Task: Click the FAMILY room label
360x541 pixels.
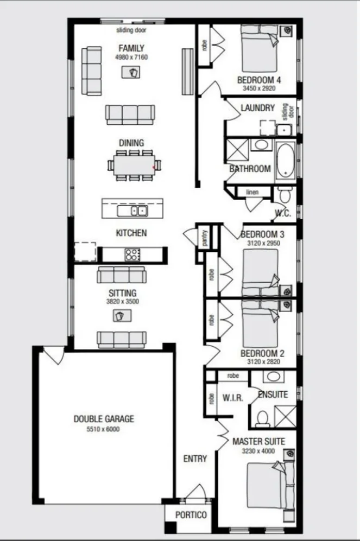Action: pos(131,48)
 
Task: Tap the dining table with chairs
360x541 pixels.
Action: pos(134,164)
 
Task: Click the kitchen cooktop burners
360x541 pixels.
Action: pos(132,254)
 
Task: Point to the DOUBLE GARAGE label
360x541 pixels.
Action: pos(104,419)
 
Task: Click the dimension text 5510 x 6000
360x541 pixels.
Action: pos(104,429)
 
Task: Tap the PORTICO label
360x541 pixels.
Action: pos(191,514)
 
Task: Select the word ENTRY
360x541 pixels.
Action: pos(195,459)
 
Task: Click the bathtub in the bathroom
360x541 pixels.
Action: pos(286,160)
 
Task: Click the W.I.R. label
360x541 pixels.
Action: pos(232,398)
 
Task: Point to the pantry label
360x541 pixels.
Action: pos(205,238)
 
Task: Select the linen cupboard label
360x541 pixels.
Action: pos(251,192)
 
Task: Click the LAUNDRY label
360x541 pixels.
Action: pos(258,108)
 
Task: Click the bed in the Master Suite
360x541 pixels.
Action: pos(266,485)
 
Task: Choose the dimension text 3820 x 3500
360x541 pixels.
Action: pos(123,301)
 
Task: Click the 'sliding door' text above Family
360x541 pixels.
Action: pos(131,30)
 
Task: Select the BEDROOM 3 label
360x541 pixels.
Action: pos(263,234)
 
